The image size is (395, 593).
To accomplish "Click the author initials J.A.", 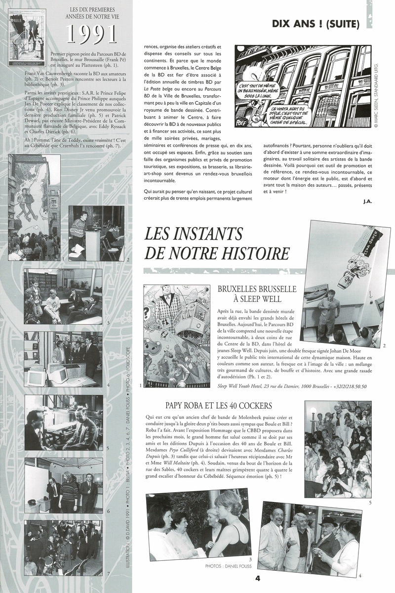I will point(354,201).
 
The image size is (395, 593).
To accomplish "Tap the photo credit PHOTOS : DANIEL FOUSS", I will point(222,566).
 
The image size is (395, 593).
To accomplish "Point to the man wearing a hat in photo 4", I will point(327,536).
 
